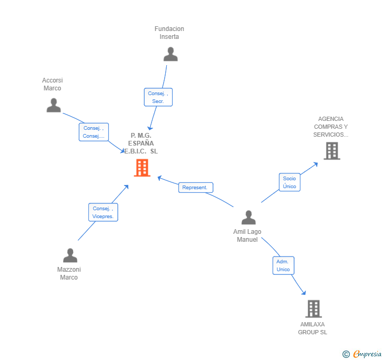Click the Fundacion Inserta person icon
(x=170, y=54)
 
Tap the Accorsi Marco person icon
(x=54, y=106)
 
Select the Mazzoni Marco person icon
(x=70, y=255)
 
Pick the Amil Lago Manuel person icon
(x=248, y=218)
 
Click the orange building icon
(x=142, y=168)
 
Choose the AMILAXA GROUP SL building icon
(x=314, y=309)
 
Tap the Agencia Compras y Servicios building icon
(x=331, y=151)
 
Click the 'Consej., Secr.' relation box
(x=158, y=97)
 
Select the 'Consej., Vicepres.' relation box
(x=103, y=212)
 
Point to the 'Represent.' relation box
(x=196, y=188)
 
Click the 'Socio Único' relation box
(x=289, y=182)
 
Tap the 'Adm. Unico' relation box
(x=283, y=265)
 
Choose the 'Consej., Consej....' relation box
(x=94, y=132)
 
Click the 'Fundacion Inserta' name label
(x=169, y=33)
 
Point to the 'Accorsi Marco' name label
(x=52, y=84)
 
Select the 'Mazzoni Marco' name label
(x=69, y=273)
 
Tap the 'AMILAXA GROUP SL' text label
(x=313, y=328)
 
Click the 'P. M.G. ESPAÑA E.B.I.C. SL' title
(x=141, y=143)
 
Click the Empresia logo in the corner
(x=362, y=354)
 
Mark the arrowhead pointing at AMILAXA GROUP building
(x=303, y=292)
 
